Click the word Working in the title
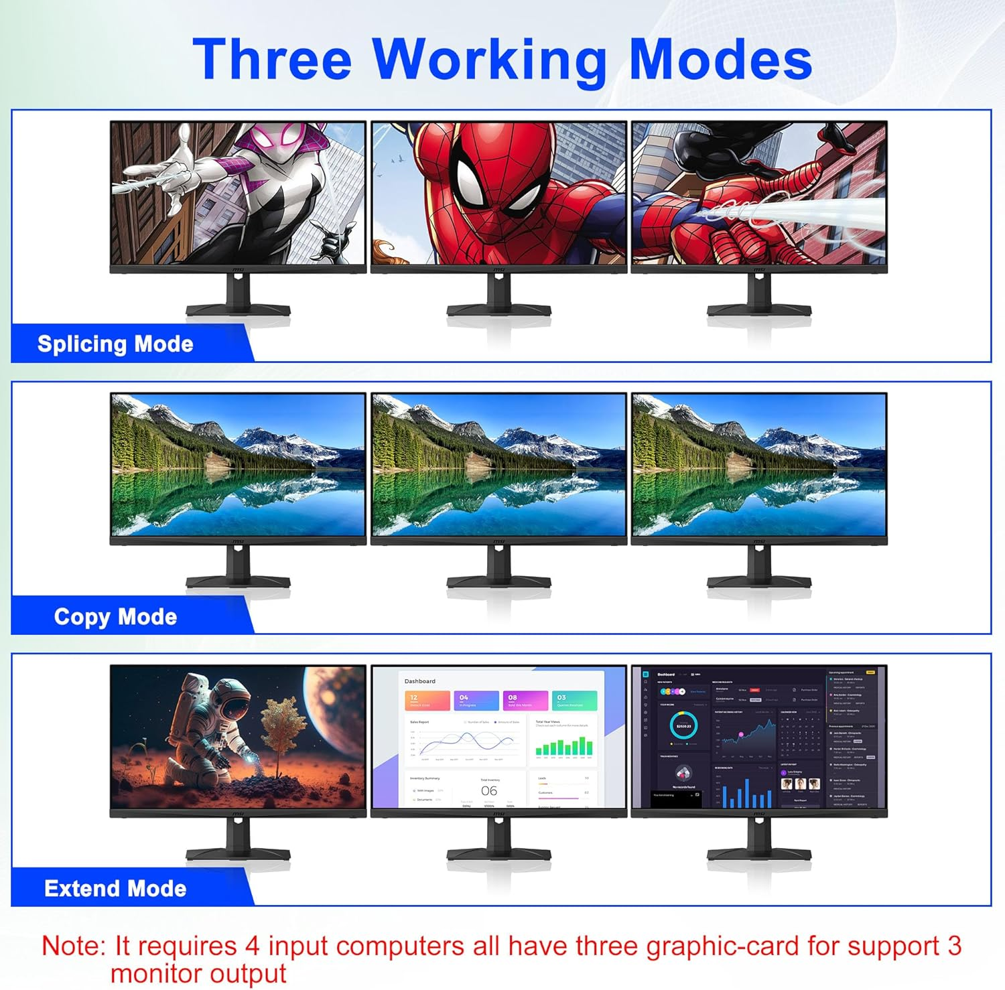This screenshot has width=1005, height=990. pos(489,60)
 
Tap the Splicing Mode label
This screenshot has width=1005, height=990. pos(115,344)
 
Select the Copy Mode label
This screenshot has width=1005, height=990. pos(115,616)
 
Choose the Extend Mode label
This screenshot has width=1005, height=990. pos(115,889)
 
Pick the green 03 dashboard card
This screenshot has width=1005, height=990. pos(574,701)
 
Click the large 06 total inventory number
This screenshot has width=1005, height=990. pos(489,791)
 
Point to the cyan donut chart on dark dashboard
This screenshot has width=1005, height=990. pos(683,725)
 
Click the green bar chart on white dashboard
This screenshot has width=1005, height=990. pos(564,746)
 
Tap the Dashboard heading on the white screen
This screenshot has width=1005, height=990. pos(420,681)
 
